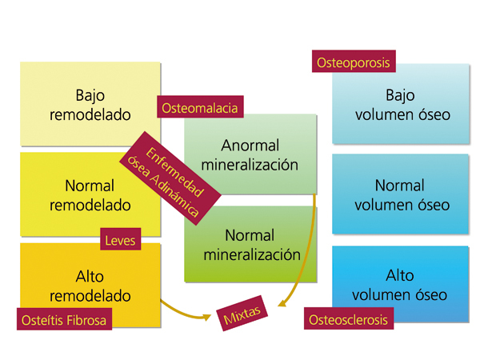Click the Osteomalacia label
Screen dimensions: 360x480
pyautogui.click(x=201, y=107)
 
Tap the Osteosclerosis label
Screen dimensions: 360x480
pyautogui.click(x=349, y=319)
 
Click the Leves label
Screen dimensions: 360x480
pyautogui.click(x=121, y=239)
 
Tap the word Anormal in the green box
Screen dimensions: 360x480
pyautogui.click(x=250, y=146)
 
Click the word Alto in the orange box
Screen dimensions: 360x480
pyautogui.click(x=90, y=276)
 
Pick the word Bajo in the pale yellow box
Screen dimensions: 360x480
pyautogui.click(x=90, y=95)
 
